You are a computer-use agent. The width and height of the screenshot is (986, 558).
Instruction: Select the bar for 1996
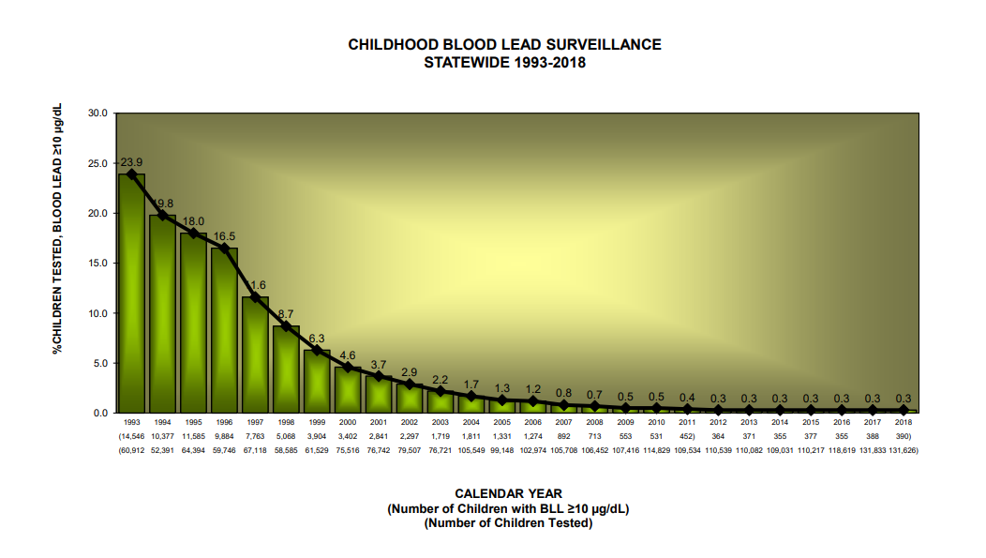pyautogui.click(x=224, y=333)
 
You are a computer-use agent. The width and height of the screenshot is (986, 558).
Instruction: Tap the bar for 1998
pyautogui.click(x=286, y=370)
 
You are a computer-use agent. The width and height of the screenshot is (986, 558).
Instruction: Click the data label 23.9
pyautogui.click(x=131, y=162)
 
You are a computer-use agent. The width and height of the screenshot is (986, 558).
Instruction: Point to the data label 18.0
pyautogui.click(x=193, y=221)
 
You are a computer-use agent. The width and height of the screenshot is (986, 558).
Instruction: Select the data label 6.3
pyautogui.click(x=317, y=339)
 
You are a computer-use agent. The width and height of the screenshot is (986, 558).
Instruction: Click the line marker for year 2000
pyautogui.click(x=348, y=368)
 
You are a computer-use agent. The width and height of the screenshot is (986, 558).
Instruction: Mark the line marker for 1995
pyautogui.click(x=193, y=234)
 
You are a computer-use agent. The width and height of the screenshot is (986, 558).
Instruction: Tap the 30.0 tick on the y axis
pyautogui.click(x=97, y=113)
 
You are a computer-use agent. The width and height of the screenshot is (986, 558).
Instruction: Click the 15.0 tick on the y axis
pyautogui.click(x=97, y=264)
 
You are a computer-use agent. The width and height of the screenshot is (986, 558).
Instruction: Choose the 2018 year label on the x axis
pyautogui.click(x=904, y=423)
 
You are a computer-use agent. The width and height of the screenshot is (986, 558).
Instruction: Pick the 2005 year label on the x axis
pyautogui.click(x=501, y=423)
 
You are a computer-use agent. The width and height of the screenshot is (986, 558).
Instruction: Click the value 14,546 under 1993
pyautogui.click(x=131, y=437)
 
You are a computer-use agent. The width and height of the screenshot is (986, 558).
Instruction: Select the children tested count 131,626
pyautogui.click(x=904, y=450)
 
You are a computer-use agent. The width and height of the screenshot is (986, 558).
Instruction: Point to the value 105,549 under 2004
pyautogui.click(x=471, y=450)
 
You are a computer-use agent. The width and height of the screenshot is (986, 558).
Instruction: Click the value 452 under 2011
pyautogui.click(x=687, y=437)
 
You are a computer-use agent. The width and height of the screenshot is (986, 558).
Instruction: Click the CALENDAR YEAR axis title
pyautogui.click(x=508, y=493)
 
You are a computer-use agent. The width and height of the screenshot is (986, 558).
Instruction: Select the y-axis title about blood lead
pyautogui.click(x=57, y=229)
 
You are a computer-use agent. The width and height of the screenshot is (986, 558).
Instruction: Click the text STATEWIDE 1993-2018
pyautogui.click(x=505, y=62)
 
